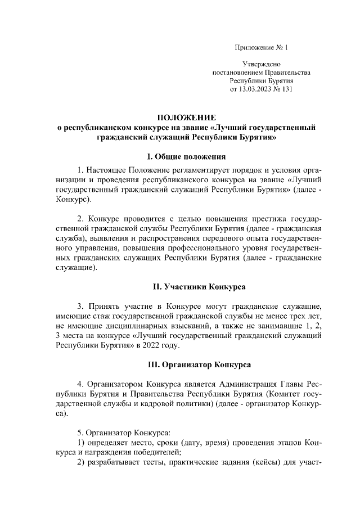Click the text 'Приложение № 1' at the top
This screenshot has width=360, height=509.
pos(260,47)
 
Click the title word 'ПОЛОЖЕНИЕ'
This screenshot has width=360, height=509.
pos(186,118)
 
